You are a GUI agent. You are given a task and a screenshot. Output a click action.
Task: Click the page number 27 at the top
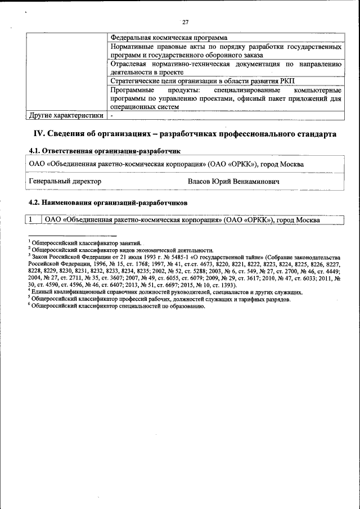185,22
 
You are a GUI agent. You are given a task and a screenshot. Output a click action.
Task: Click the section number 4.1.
35,152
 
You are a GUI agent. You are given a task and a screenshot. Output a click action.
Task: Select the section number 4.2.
35,201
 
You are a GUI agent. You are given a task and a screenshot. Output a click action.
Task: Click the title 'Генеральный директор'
65,182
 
